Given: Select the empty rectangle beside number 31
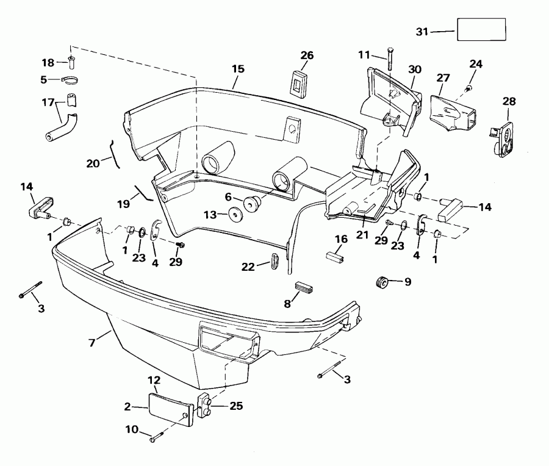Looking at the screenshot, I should pos(481,29).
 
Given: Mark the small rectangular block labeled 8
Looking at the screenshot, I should pos(304,285).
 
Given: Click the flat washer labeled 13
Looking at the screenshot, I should pos(234,214).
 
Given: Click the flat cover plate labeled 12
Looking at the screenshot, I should pos(168,407).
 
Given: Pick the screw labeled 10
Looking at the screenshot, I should pos(158,436).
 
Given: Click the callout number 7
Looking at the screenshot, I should pos(91,343).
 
